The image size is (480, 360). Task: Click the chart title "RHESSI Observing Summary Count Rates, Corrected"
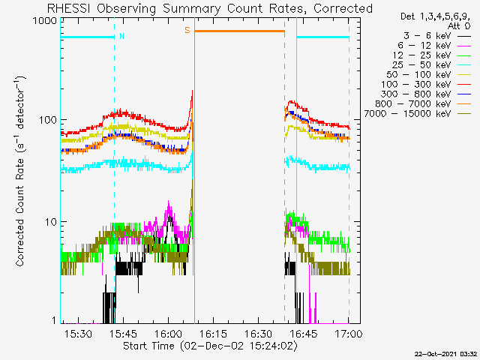(x=209, y=8)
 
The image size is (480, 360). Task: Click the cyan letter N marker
(x=121, y=35)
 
